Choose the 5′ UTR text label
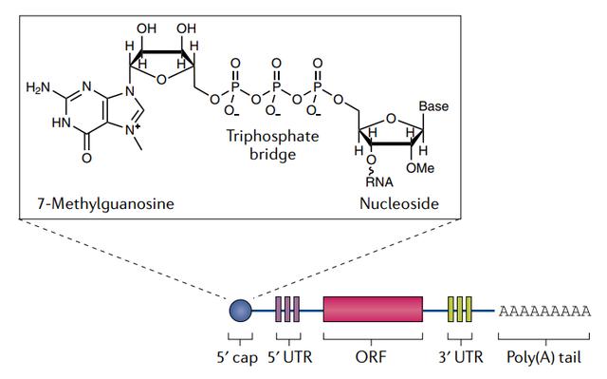[288, 360]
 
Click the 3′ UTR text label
[461, 360]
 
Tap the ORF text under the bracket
[373, 360]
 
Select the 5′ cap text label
[240, 360]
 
